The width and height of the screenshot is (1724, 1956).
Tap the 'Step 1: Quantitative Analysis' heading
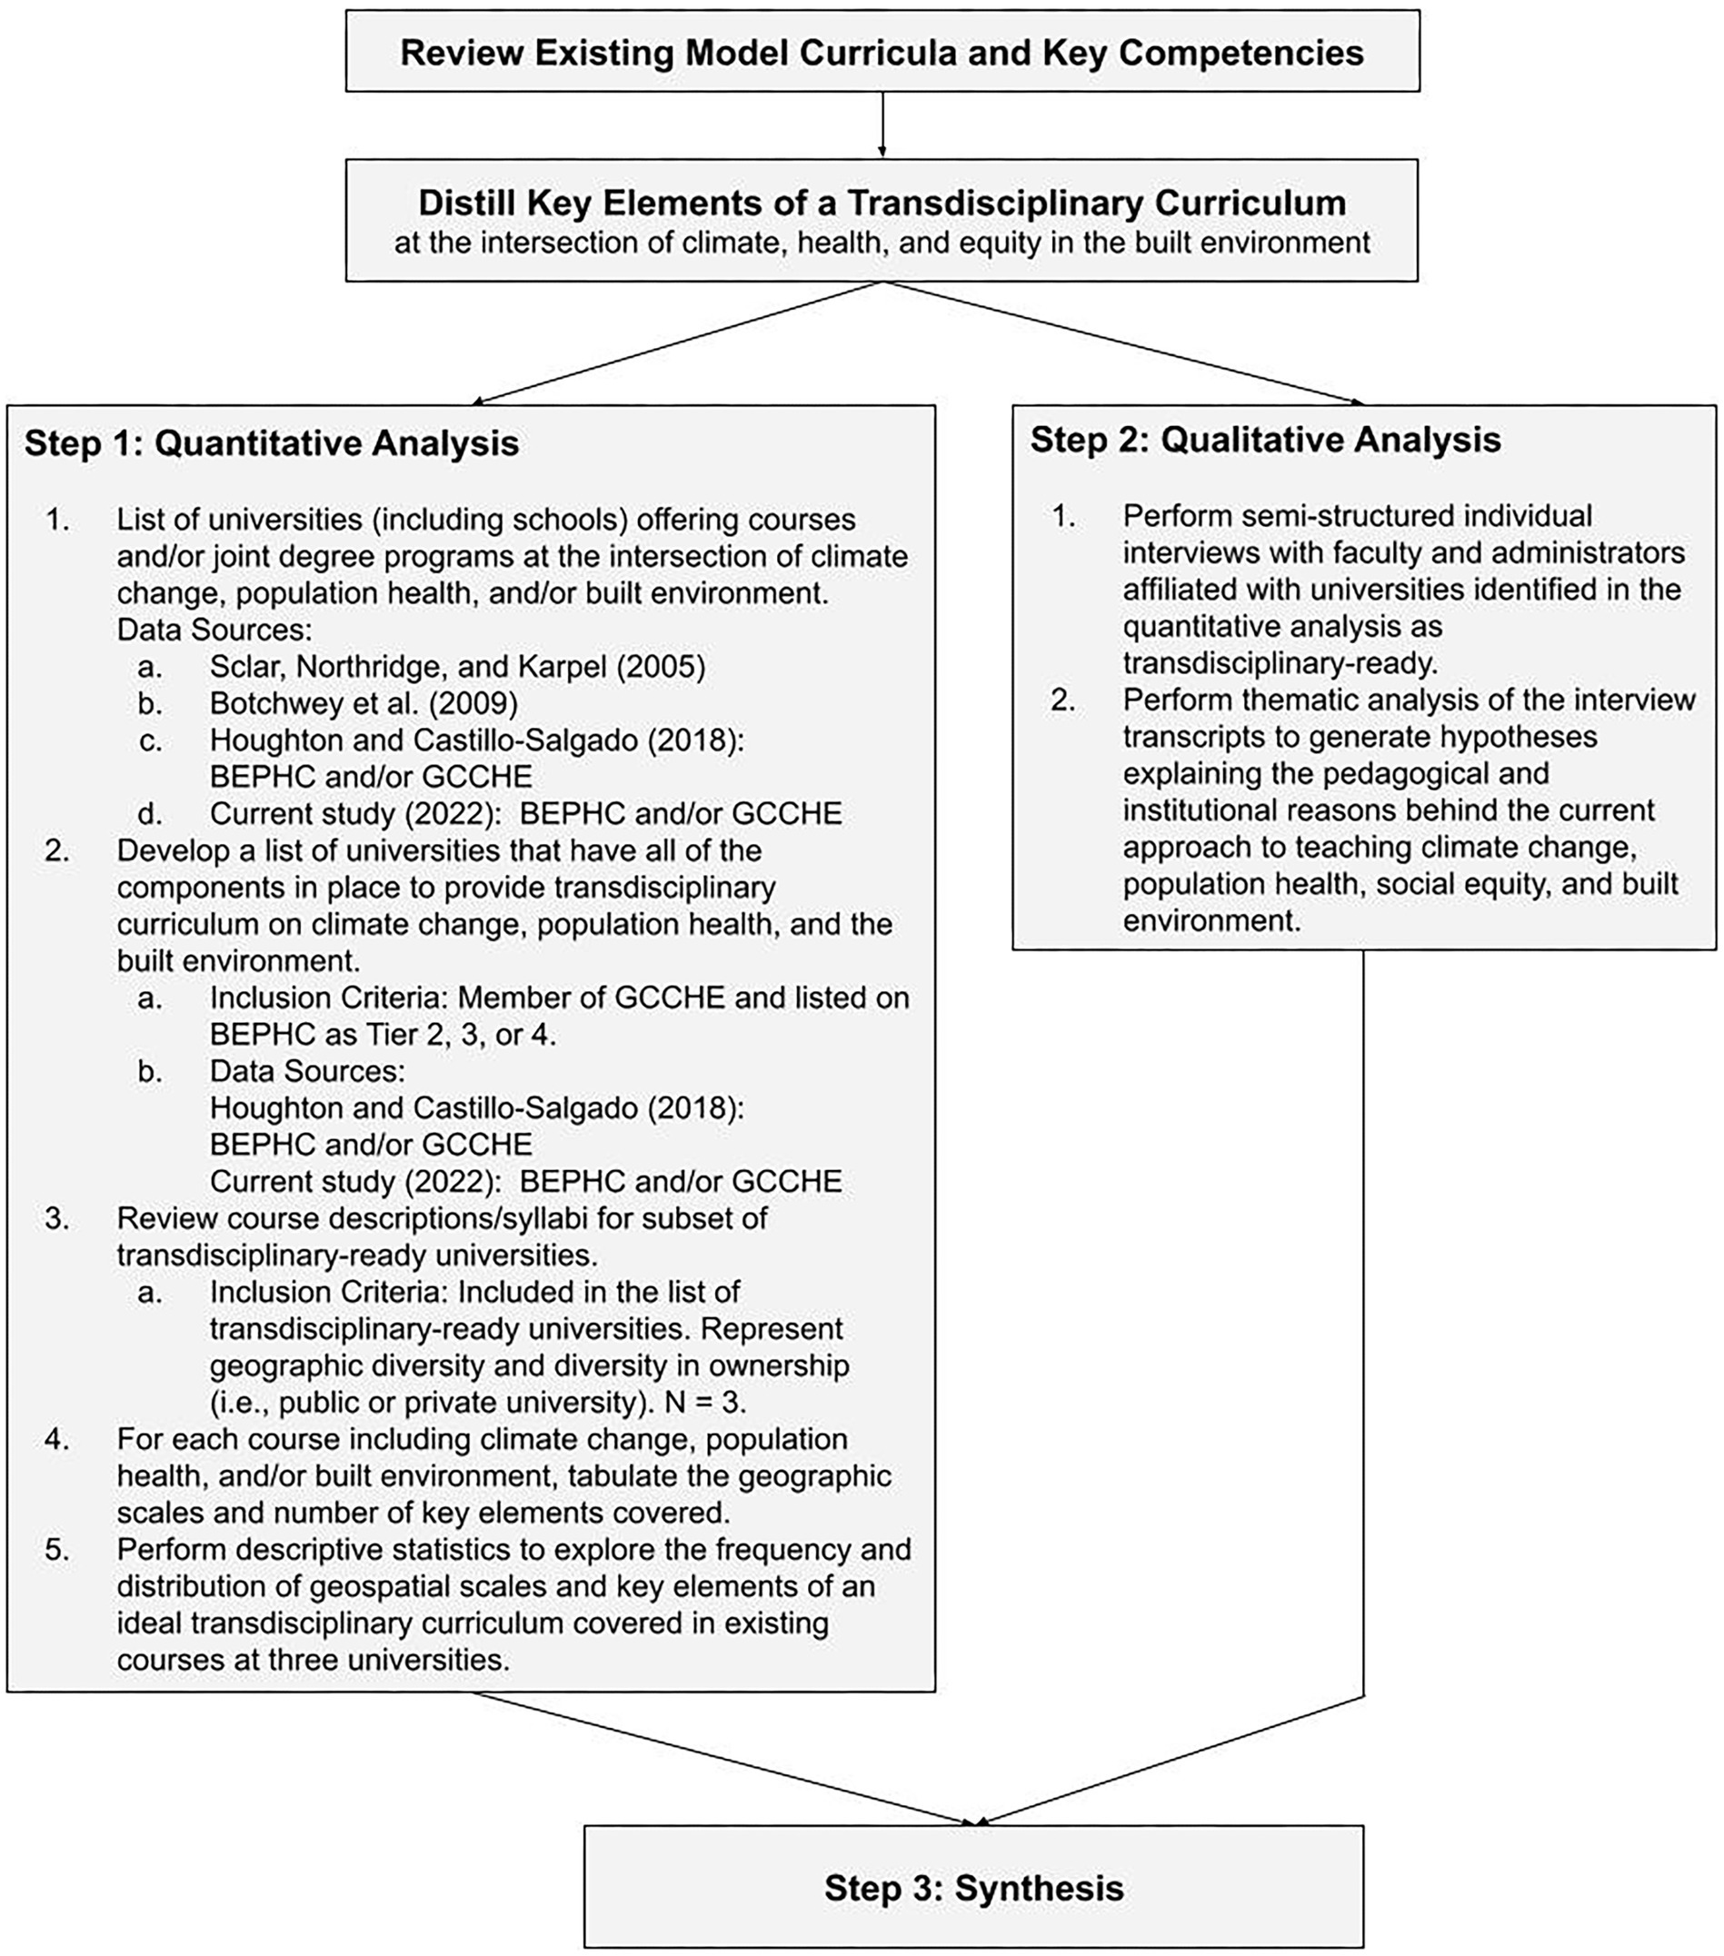tap(271, 443)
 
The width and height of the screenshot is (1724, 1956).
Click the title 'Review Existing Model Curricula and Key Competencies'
tap(882, 52)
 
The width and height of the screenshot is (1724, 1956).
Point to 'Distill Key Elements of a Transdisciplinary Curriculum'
tap(882, 203)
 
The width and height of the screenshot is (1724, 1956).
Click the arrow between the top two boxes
tap(882, 124)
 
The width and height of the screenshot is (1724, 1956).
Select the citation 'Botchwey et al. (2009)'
tap(363, 703)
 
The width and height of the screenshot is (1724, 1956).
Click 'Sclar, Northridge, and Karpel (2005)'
tap(456, 667)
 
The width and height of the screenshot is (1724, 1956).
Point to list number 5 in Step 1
tap(57, 1549)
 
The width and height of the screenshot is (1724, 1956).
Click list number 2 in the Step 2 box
tap(1062, 700)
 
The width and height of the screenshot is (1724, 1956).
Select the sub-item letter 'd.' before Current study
tap(150, 813)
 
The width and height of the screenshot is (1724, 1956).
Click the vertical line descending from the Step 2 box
tap(1363, 1321)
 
